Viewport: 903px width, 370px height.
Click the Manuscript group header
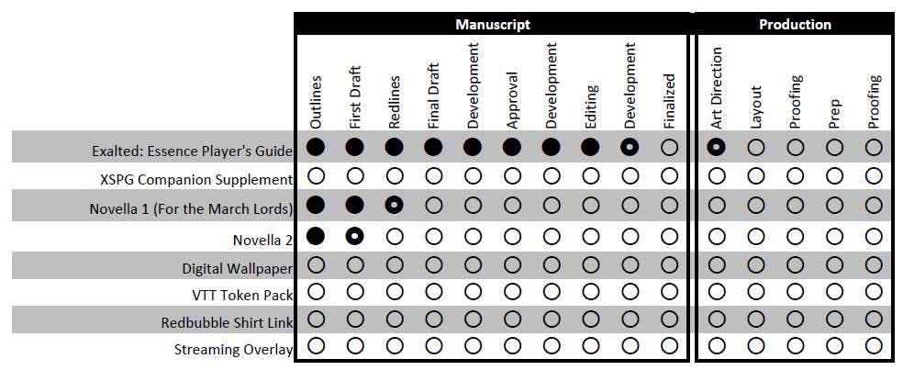492,25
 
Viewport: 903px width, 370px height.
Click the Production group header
795,25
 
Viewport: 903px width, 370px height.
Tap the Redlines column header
395,101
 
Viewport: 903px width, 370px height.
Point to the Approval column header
512,99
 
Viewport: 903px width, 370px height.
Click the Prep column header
834,109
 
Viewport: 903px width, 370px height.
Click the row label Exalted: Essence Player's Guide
192,150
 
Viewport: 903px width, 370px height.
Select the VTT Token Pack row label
242,295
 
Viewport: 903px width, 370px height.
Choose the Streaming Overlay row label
233,350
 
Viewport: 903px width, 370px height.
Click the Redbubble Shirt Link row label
227,322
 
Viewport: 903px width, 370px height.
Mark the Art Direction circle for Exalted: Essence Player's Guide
717,147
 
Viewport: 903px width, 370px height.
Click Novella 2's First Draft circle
355,236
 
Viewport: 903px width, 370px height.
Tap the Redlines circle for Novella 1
395,207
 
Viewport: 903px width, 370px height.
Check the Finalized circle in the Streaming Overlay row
669,346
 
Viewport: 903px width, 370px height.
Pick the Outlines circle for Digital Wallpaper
316,266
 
